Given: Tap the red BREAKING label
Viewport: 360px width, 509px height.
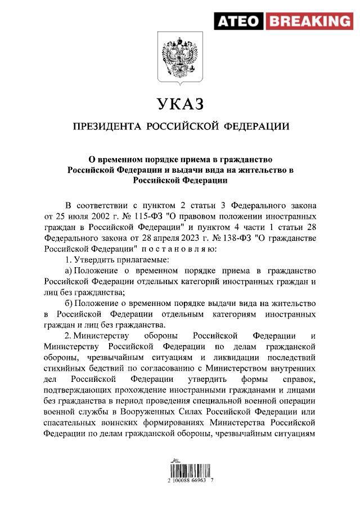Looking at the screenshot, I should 308,22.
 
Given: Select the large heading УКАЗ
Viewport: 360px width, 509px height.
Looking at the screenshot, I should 179,104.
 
